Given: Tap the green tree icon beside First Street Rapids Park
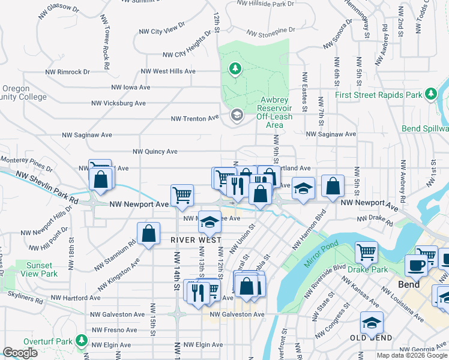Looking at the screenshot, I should coord(430,94).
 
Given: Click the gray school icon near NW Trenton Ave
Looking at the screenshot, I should coord(237,115).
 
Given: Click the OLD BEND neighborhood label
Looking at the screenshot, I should coord(371,338).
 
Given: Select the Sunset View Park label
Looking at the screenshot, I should coord(38,269).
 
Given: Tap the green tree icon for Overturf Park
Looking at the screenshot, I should coord(80,342).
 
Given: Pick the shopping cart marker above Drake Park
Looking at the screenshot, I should coord(366,252).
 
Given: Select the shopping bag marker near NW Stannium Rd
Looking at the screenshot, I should coord(148,234).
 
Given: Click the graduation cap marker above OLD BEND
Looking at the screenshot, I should coord(372,322).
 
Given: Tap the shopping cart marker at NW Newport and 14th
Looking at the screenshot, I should coord(182,195).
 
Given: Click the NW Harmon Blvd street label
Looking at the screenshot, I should coord(309,229).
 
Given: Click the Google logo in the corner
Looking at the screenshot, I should coord(20,353).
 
